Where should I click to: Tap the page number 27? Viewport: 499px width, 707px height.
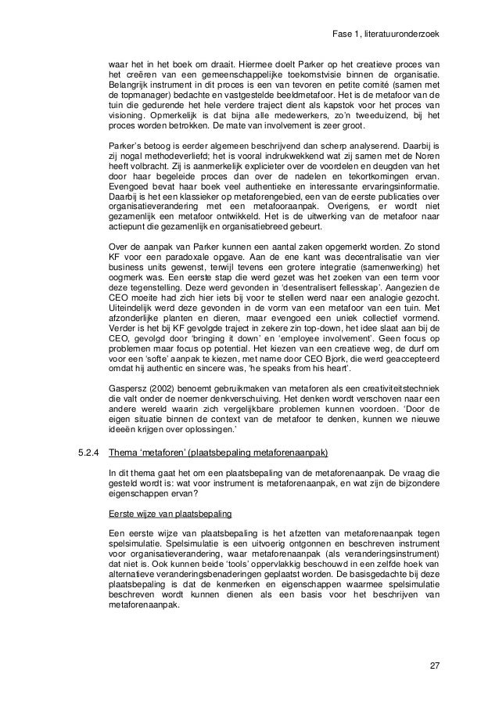(x=434, y=667)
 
